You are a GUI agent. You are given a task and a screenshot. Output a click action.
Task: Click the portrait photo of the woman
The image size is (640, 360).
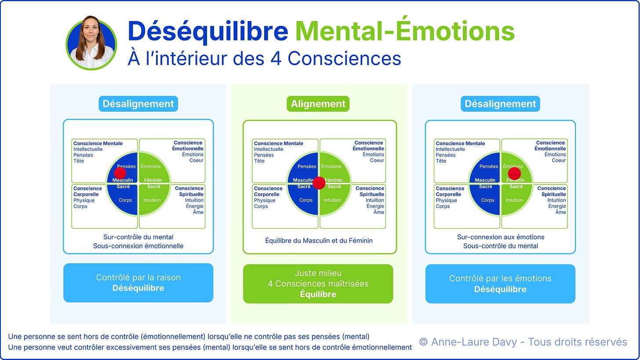pyautogui.click(x=91, y=43)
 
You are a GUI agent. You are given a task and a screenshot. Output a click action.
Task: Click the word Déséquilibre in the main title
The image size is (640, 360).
pyautogui.click(x=208, y=31)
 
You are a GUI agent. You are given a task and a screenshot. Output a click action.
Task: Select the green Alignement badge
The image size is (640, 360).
pyautogui.click(x=318, y=104)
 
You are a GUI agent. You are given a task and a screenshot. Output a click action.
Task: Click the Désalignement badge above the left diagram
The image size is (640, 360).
pyautogui.click(x=138, y=104)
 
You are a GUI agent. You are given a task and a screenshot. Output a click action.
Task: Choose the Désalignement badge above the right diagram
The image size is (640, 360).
pyautogui.click(x=500, y=104)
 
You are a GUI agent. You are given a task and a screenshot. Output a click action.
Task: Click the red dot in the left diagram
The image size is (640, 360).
pyautogui.click(x=120, y=173)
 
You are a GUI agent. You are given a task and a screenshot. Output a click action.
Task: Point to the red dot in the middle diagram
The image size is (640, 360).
pyautogui.click(x=319, y=183)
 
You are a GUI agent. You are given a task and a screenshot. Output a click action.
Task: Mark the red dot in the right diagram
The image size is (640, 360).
pyautogui.click(x=514, y=173)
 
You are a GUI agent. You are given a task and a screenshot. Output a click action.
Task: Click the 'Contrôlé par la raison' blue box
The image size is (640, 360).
pyautogui.click(x=138, y=283)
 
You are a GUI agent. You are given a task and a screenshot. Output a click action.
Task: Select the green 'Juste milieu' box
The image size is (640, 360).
pyautogui.click(x=318, y=284)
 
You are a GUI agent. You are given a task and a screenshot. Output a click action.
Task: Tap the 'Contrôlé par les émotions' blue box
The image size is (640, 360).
pyautogui.click(x=500, y=284)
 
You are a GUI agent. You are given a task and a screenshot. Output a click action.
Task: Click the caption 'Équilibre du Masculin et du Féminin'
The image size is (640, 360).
pyautogui.click(x=319, y=240)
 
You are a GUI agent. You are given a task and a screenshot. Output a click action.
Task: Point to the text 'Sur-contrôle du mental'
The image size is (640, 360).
pyautogui.click(x=138, y=237)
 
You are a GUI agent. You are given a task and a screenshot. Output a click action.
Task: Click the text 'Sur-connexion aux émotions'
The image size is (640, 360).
pyautogui.click(x=501, y=237)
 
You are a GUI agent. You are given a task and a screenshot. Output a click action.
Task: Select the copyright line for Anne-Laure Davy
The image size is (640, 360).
pyautogui.click(x=523, y=342)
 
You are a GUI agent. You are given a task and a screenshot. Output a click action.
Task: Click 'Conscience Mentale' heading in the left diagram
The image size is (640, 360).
pyautogui.click(x=98, y=143)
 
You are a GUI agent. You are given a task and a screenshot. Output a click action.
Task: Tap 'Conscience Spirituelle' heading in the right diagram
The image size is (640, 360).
pyautogui.click(x=551, y=191)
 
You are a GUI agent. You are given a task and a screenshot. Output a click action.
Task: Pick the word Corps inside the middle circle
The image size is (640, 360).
pyautogui.click(x=306, y=200)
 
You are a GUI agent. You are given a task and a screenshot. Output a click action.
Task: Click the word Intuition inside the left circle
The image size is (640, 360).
pyautogui.click(x=152, y=200)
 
